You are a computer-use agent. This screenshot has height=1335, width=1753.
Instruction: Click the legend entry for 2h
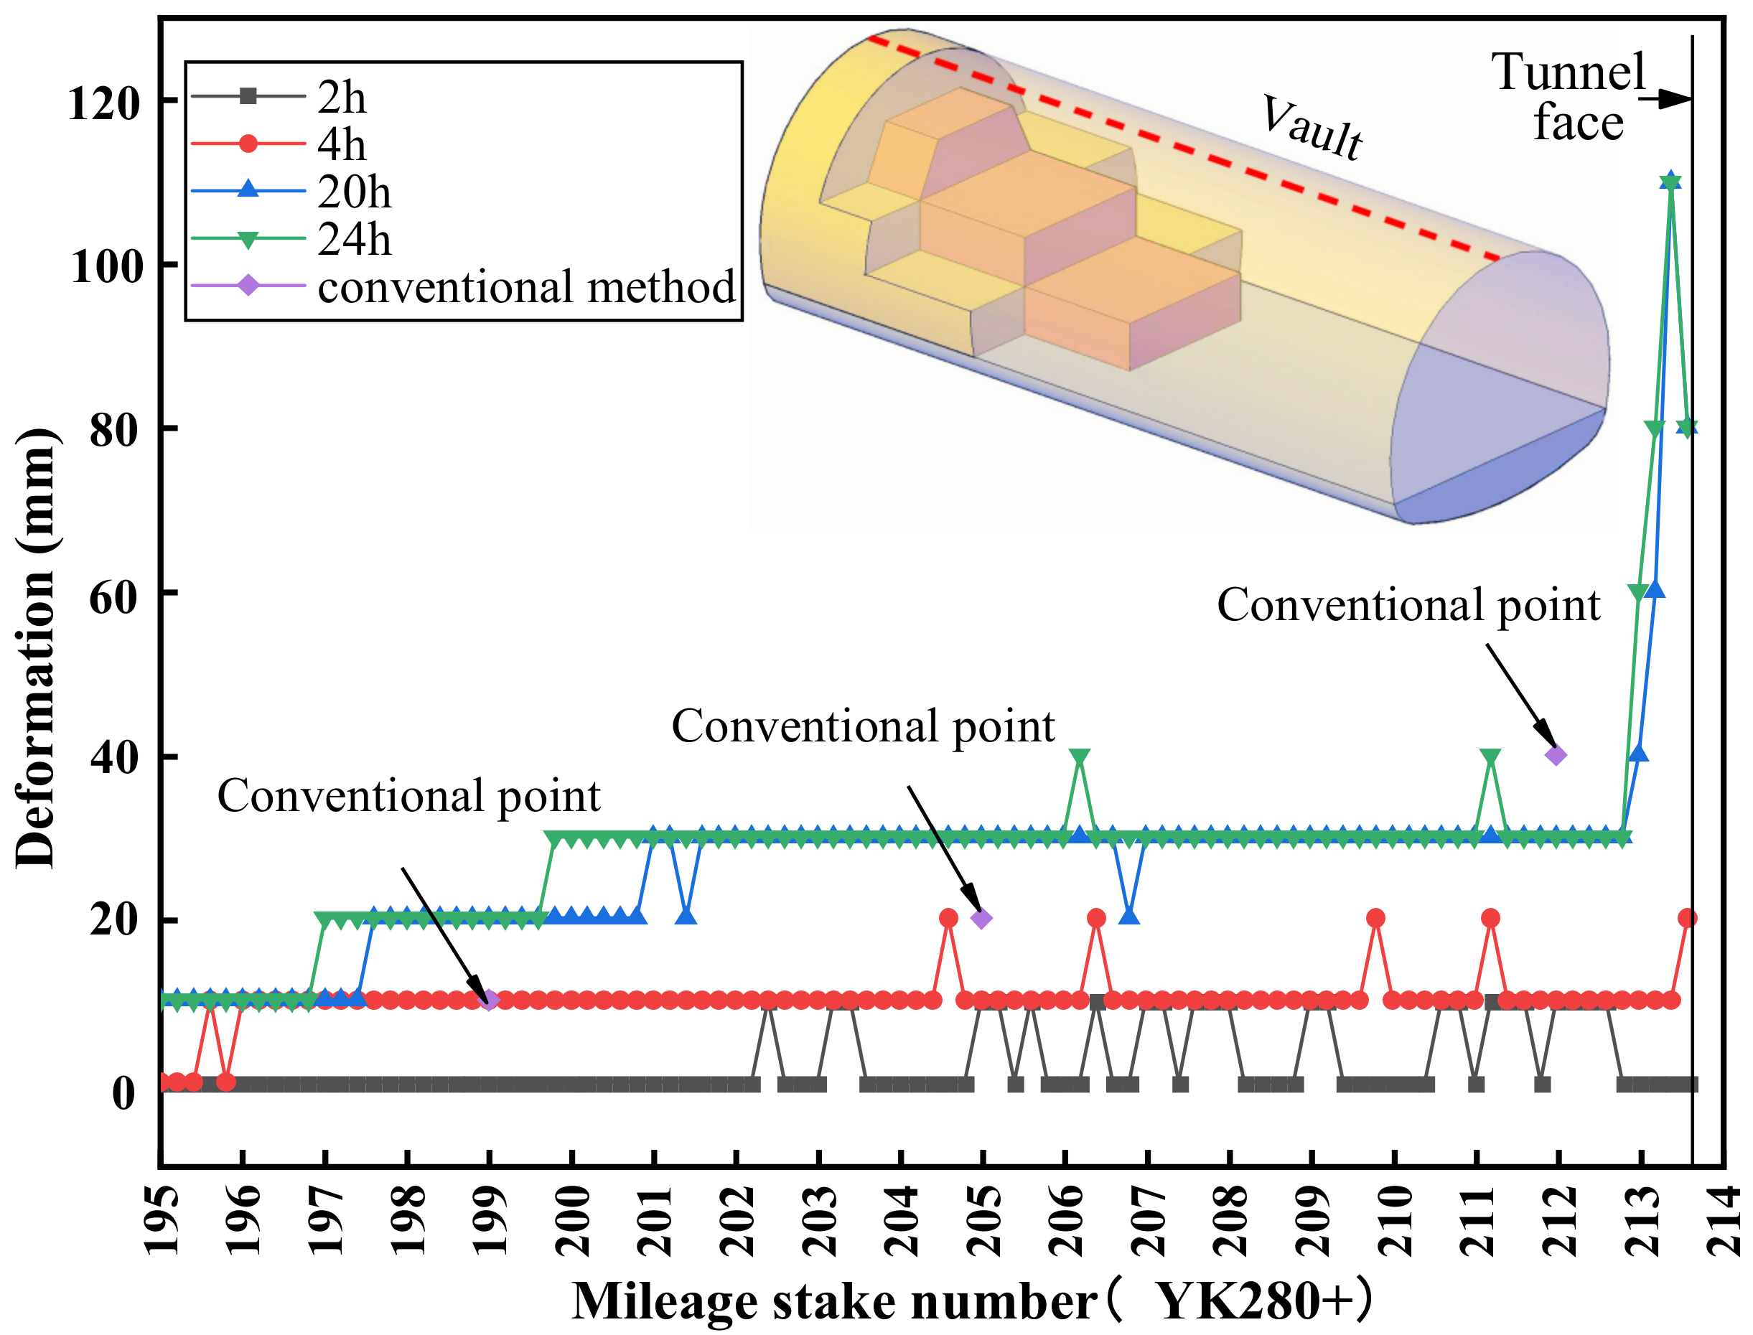pos(342,98)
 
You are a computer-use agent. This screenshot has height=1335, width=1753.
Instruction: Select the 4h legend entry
pos(342,145)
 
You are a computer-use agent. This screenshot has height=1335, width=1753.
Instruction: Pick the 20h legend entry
pos(354,192)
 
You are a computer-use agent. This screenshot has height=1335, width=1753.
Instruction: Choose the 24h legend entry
pos(354,238)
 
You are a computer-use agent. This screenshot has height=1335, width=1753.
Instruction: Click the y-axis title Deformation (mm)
pos(36,648)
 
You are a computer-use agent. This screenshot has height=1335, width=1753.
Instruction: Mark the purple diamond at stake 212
pos(1556,755)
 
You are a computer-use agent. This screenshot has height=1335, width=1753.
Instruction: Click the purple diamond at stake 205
pos(981,919)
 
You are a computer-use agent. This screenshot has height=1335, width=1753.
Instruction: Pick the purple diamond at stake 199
pos(490,1000)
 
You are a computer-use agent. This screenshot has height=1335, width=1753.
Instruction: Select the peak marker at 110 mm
pos(1670,182)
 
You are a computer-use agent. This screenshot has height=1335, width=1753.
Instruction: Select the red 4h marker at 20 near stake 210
pos(1375,919)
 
